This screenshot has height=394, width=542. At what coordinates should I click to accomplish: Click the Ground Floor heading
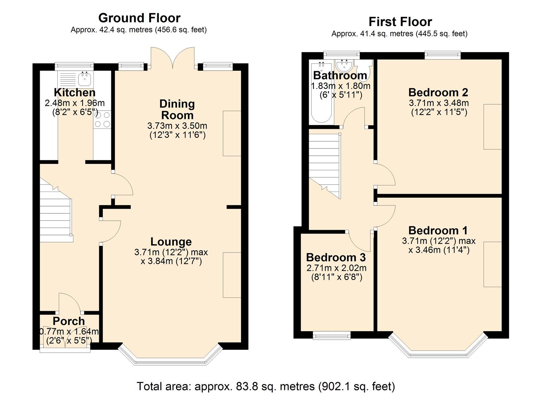coord(139,18)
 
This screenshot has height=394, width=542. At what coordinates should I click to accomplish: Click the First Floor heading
coord(400,22)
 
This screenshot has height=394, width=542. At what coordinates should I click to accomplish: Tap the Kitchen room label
coord(74,92)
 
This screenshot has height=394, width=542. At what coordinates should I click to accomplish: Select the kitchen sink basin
coord(85,78)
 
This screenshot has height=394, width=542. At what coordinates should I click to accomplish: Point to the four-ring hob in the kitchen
coord(102,120)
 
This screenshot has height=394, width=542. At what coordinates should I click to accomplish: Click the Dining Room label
coord(177,109)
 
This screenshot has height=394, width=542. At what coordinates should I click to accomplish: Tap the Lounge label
coord(171,242)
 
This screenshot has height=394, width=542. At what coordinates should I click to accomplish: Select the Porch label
coord(69,321)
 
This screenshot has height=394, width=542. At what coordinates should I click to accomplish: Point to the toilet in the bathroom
coord(365,69)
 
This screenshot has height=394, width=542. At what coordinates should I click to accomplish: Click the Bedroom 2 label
coord(438,92)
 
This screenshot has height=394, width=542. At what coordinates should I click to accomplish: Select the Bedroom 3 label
coord(336,257)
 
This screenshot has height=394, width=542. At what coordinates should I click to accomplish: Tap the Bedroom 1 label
coord(438,231)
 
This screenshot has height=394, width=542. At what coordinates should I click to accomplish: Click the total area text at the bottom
coord(266,386)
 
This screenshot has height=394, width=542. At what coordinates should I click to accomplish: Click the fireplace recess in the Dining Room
coord(232,133)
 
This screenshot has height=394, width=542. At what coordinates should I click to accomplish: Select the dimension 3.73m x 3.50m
coord(177,126)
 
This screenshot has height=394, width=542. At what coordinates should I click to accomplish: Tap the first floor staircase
coord(325,166)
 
